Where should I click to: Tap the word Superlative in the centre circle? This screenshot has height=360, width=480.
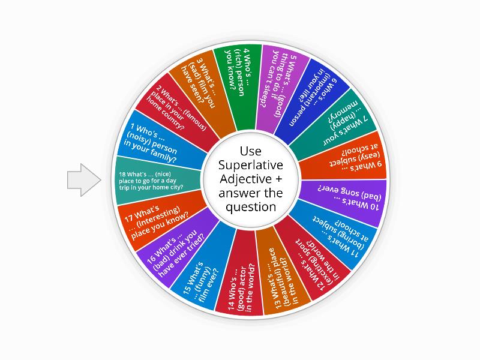[251, 165]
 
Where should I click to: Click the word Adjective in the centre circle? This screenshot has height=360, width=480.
[251, 179]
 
